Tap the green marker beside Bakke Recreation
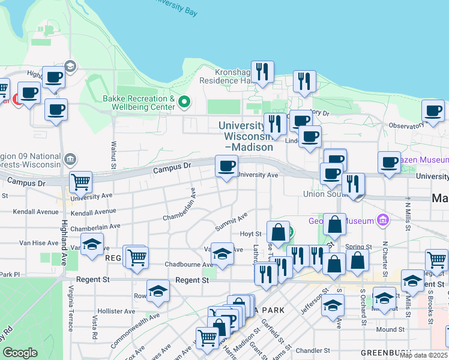coord(185,103)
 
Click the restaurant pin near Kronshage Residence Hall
coord(262,72)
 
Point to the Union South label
coord(321,194)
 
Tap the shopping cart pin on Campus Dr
coord(80,181)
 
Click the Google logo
coord(20,353)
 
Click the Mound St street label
coord(390,329)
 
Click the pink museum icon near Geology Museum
coord(380,221)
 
